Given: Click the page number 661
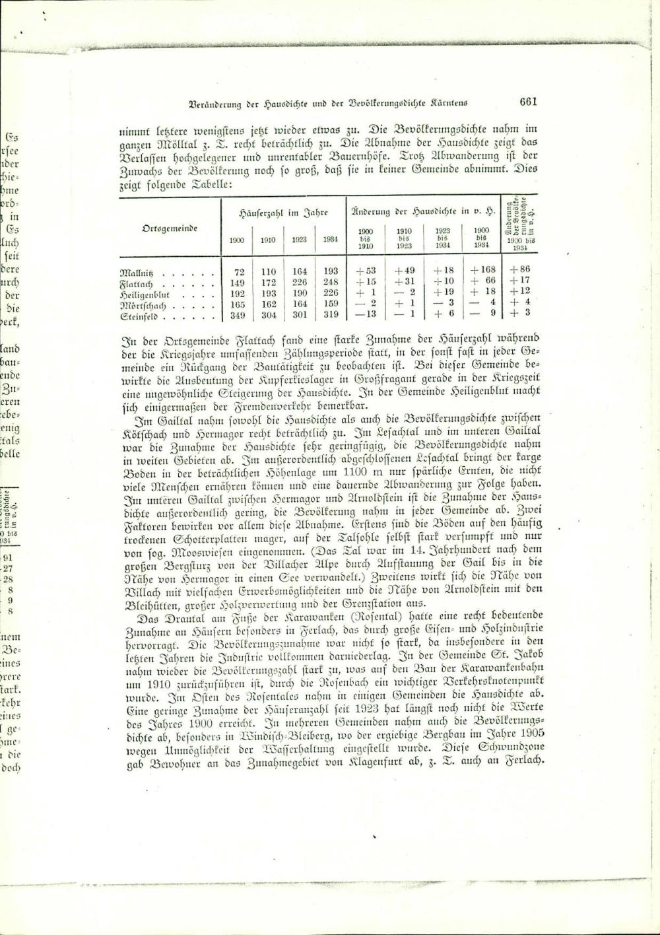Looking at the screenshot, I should pyautogui.click(x=529, y=102).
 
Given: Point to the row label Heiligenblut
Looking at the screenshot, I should pyautogui.click(x=145, y=293).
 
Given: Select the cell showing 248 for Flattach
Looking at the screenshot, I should pyautogui.click(x=331, y=282).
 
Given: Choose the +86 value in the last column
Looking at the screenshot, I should pyautogui.click(x=520, y=269).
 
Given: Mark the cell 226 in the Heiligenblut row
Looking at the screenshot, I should pyautogui.click(x=331, y=293).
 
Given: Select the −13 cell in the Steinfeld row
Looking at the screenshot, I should pyautogui.click(x=366, y=314).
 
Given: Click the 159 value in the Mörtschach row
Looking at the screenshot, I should pyautogui.click(x=331, y=304).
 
